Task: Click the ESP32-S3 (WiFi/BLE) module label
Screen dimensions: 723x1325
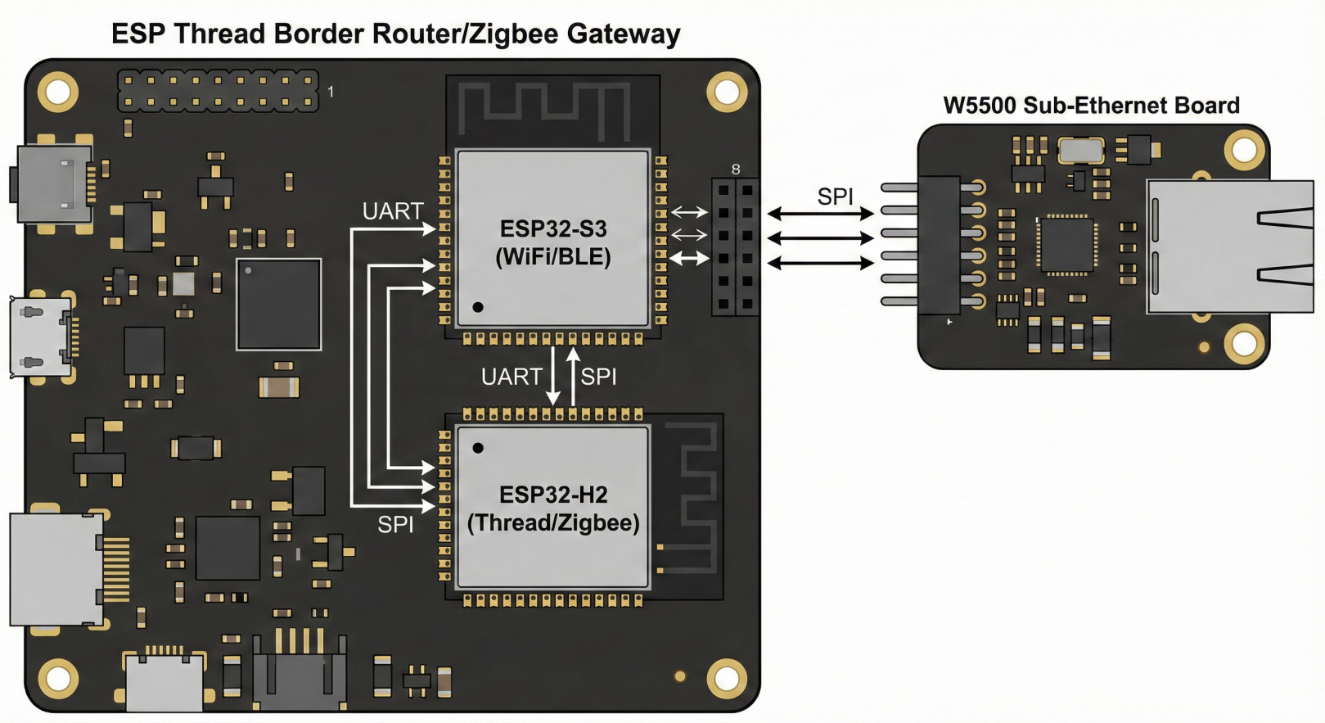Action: [553, 242]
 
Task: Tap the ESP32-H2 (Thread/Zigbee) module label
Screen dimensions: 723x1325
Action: [553, 508]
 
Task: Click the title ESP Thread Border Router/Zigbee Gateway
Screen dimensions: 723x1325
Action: [395, 34]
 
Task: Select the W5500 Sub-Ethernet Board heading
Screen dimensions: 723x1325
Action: [1091, 106]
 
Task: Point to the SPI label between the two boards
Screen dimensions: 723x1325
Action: [835, 197]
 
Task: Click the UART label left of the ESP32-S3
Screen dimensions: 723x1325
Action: [393, 211]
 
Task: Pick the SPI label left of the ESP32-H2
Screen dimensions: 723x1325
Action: [395, 525]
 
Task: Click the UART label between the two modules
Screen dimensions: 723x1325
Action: [512, 377]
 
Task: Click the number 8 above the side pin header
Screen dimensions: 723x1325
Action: [736, 169]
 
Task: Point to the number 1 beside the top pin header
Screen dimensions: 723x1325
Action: [331, 92]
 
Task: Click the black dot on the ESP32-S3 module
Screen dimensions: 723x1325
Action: [478, 307]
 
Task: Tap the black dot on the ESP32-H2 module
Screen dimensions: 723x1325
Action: [478, 448]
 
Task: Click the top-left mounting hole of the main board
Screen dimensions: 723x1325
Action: [58, 92]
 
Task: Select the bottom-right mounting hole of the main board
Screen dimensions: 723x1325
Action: [727, 677]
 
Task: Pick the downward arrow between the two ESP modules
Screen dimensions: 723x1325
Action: [553, 377]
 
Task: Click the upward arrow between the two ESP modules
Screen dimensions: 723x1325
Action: [573, 377]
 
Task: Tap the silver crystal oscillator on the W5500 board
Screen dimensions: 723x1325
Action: [1080, 151]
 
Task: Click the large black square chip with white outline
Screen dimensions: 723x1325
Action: [278, 304]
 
